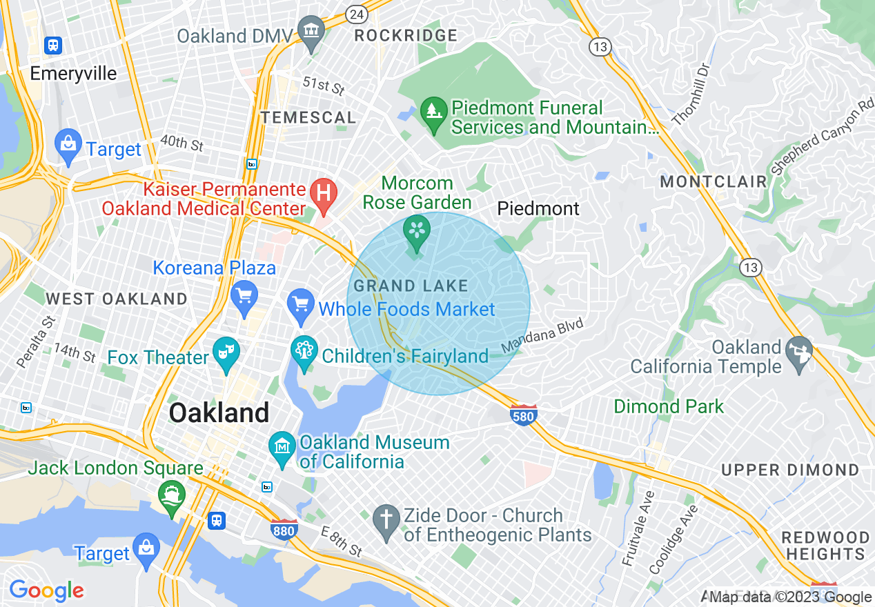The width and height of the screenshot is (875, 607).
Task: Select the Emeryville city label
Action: point(73,74)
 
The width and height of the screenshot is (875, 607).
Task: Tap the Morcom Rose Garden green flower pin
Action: point(416,231)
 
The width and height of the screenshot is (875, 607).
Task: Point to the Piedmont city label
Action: point(538,208)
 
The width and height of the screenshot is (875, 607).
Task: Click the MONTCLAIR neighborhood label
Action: point(714,182)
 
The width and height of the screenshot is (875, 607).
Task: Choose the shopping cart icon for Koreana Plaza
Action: point(244,297)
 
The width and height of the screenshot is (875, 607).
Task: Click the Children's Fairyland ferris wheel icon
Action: point(304,352)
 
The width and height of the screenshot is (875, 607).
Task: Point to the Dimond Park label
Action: point(669,406)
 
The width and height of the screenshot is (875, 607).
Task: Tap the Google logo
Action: point(46,590)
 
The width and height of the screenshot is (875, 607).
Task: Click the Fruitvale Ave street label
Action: point(638,528)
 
